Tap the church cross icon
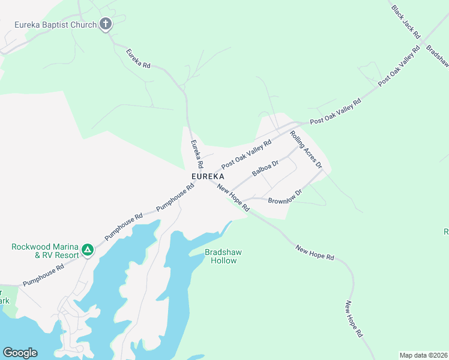point(106,24)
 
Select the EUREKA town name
point(208,176)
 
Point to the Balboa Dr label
point(265,168)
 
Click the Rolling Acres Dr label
point(306,149)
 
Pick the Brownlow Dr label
point(285,196)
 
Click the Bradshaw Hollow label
point(223,256)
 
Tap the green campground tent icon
point(88,250)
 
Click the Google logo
point(20,353)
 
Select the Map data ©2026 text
point(423,355)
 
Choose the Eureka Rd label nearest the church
point(137,58)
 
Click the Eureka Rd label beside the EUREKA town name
point(197,154)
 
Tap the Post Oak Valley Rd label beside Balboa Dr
point(246,154)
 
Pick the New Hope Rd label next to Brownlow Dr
point(234,197)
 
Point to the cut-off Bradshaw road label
point(438,55)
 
